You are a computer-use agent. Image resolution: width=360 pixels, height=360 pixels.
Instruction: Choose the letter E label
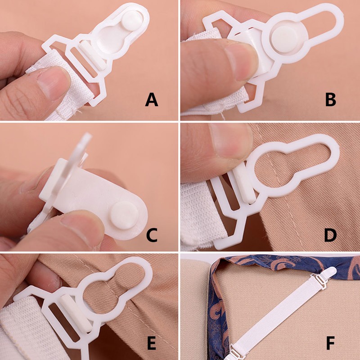point(152,345)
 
